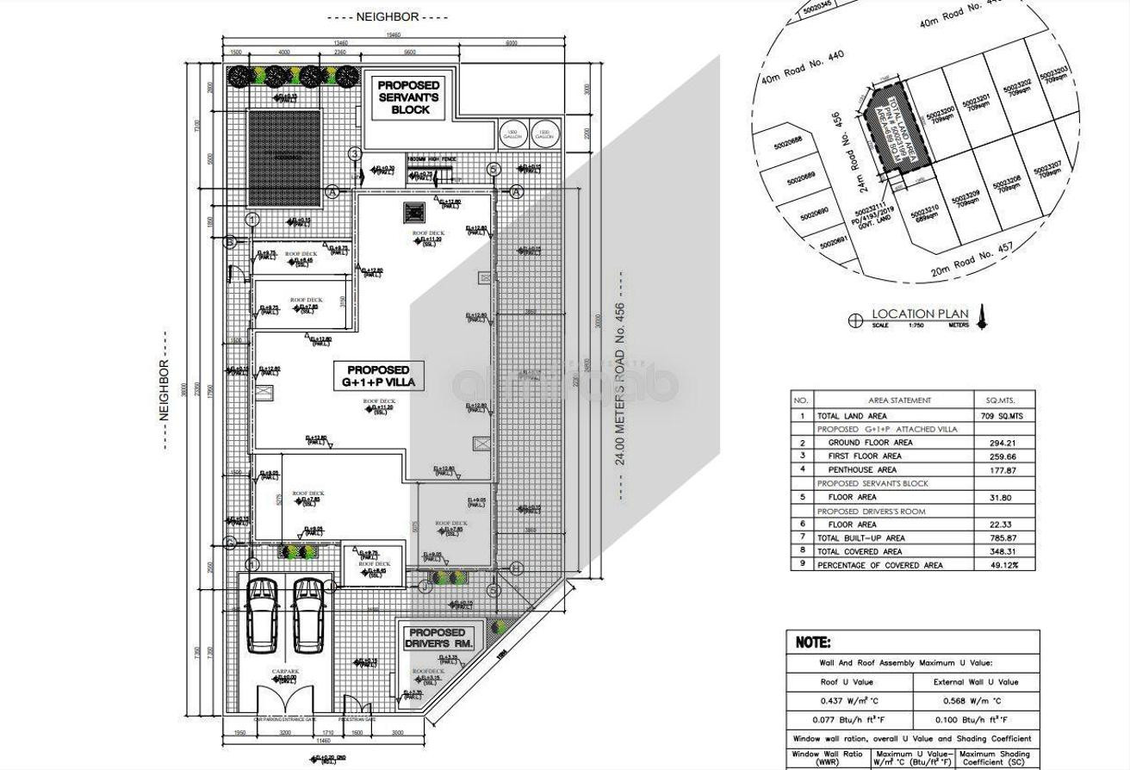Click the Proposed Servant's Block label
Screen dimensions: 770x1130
tap(408, 97)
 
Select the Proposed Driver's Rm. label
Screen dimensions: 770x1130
tap(437, 638)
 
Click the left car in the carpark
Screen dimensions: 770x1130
tap(262, 614)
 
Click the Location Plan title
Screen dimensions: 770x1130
tap(920, 314)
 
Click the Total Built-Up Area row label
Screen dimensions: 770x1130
tap(862, 538)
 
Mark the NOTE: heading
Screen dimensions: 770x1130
tap(814, 643)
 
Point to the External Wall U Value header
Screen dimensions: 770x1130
tap(975, 682)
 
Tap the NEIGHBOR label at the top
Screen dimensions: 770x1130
tap(387, 16)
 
